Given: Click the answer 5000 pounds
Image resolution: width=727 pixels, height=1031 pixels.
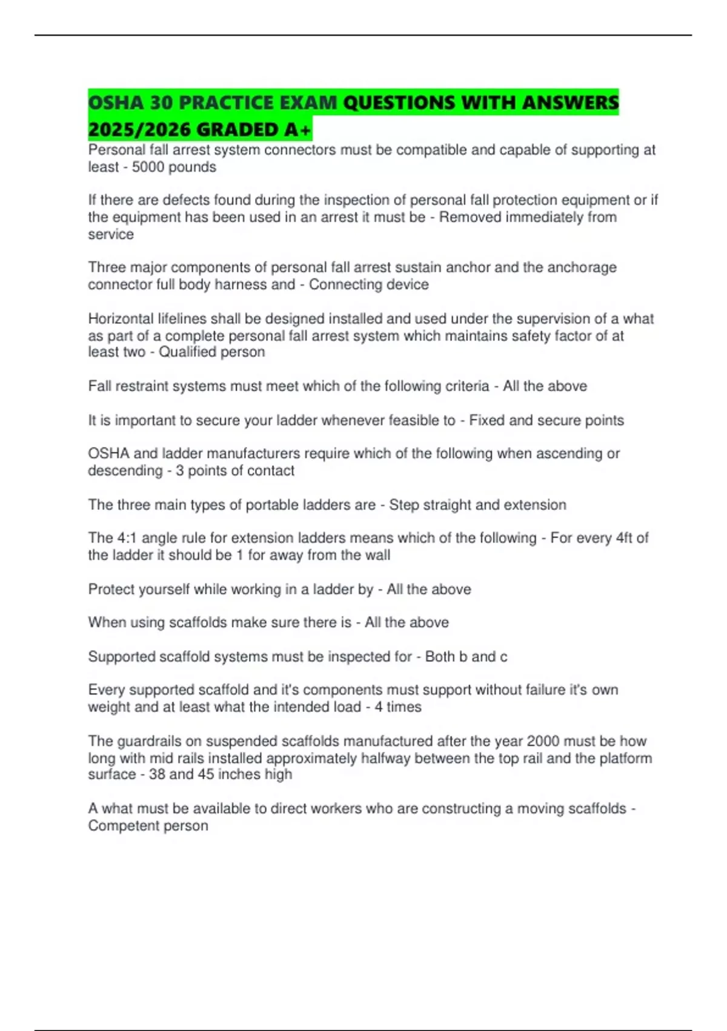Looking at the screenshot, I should pyautogui.click(x=174, y=167).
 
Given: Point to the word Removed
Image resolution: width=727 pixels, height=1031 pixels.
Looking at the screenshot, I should pyautogui.click(x=467, y=218).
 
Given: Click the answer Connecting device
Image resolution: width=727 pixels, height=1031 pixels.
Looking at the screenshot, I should pyautogui.click(x=368, y=285).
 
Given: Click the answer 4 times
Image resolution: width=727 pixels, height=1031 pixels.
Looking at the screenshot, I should pyautogui.click(x=397, y=707).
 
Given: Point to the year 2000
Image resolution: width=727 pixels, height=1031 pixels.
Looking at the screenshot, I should pyautogui.click(x=543, y=741).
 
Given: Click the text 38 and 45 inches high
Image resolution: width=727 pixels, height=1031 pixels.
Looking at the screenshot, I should pyautogui.click(x=220, y=774).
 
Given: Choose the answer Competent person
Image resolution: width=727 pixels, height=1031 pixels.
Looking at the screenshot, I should pyautogui.click(x=148, y=826).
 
